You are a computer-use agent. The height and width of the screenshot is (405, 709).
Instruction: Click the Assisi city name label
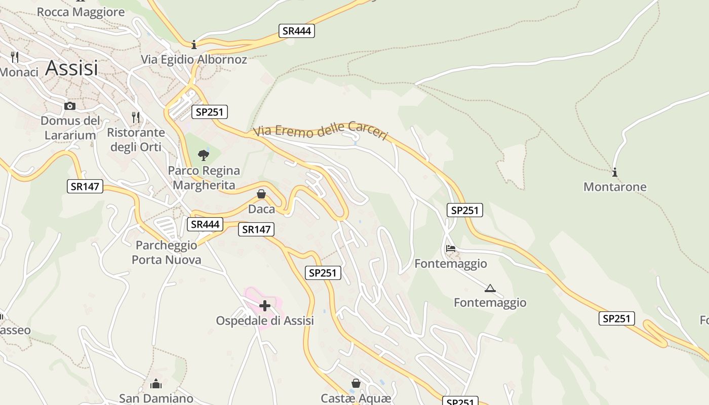(71, 68)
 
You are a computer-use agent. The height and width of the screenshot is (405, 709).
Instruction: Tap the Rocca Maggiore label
(81, 12)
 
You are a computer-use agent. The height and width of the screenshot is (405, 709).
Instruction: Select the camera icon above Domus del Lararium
(70, 106)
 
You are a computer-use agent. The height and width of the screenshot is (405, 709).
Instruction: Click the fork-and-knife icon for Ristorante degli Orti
(136, 117)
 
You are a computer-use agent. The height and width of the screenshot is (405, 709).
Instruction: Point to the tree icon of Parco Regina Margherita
(204, 155)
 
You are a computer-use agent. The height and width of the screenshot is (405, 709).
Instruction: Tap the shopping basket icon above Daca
(261, 194)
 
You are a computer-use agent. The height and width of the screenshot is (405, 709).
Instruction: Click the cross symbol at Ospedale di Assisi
(265, 305)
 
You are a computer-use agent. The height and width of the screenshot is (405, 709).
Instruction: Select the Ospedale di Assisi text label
(265, 320)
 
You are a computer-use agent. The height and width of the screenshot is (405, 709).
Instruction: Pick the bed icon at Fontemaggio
(451, 249)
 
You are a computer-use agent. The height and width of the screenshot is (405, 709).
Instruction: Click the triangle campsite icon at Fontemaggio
(490, 289)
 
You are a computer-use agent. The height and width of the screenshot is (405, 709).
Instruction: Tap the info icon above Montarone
(615, 172)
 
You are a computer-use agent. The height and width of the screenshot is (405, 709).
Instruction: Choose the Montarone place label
(615, 187)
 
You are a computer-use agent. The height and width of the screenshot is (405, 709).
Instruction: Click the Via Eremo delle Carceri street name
(321, 131)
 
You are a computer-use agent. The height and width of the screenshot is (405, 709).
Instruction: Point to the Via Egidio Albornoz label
(194, 59)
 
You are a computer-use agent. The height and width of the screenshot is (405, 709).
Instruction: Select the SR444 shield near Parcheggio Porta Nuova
(205, 224)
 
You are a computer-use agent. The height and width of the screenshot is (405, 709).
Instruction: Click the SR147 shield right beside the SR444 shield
(256, 229)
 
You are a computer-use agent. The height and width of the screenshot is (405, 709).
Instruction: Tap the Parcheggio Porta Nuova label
(166, 253)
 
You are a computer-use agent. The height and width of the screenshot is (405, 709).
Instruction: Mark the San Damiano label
(156, 398)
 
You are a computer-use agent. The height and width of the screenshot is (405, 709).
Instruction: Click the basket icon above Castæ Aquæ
(356, 383)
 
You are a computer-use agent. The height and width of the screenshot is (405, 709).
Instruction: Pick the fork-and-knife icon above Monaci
(15, 57)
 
